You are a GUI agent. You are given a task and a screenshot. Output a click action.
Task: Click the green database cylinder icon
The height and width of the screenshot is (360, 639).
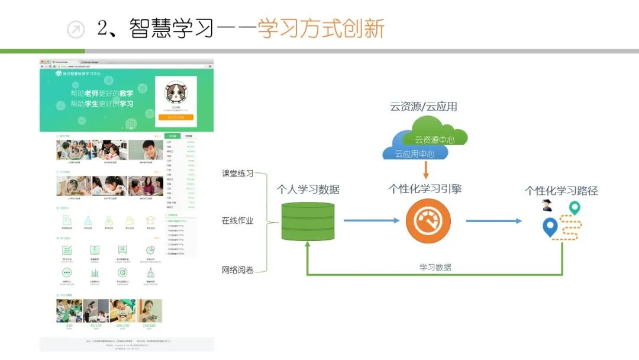click(308, 221)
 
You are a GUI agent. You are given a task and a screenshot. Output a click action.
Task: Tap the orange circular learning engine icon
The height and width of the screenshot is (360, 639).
click(428, 221)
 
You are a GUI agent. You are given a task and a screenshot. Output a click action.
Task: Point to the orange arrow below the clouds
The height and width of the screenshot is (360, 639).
click(425, 171)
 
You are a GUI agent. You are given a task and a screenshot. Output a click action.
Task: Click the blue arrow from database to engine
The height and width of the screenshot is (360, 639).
click(372, 221)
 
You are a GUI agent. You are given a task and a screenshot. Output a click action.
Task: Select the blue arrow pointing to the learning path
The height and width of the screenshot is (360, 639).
click(493, 221)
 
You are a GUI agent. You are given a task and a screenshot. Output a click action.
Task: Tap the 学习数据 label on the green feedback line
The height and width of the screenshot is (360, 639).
click(435, 268)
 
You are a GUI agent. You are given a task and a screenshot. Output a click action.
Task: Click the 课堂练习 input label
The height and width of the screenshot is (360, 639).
click(237, 173)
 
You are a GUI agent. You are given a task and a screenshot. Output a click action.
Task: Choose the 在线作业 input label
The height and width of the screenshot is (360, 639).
click(237, 221)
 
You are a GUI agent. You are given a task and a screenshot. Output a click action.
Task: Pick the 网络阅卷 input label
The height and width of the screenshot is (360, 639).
click(237, 269)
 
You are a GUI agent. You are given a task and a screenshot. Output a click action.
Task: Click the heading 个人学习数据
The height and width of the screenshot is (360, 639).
click(308, 190)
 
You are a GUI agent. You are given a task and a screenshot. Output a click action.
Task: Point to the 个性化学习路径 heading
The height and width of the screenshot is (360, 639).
click(561, 191)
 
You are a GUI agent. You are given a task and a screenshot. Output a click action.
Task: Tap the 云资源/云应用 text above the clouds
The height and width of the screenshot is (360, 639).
click(423, 107)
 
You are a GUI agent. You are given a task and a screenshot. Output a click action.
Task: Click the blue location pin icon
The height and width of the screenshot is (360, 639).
click(550, 227)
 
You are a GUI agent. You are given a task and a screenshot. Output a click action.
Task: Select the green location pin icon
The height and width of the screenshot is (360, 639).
click(573, 208)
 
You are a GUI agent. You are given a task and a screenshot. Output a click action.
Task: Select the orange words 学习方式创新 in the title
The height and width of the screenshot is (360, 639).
click(321, 29)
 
